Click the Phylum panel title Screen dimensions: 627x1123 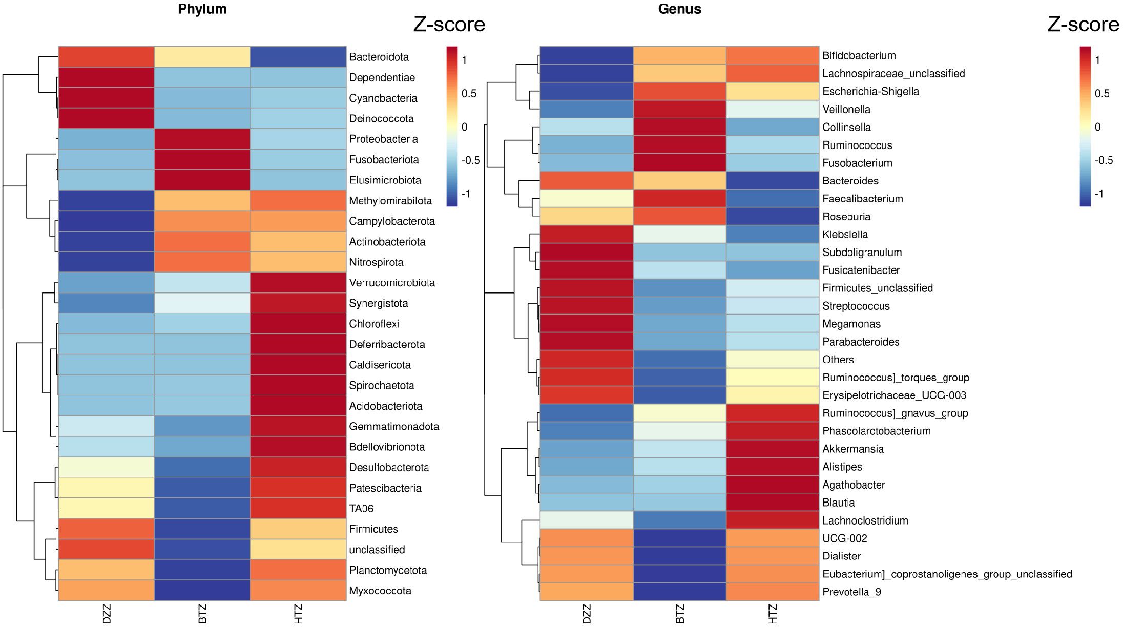(202, 9)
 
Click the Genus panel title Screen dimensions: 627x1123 (679, 9)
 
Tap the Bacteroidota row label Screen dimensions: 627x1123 (379, 57)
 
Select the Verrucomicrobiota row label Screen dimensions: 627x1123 (392, 283)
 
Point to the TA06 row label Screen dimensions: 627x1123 (361, 509)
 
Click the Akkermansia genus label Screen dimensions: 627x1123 (852, 449)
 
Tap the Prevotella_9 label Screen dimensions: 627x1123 (851, 592)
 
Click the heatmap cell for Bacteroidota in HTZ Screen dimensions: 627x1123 (298, 57)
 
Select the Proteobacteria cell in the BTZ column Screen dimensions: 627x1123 (202, 139)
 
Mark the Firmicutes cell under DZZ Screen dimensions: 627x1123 (106, 529)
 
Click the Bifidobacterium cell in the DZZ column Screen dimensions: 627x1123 (587, 56)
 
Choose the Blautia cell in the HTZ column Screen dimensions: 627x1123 (773, 503)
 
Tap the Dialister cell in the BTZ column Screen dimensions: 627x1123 (680, 556)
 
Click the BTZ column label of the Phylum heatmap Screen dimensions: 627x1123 (202, 614)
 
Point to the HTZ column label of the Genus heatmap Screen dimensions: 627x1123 (773, 614)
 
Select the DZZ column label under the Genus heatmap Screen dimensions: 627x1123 (587, 614)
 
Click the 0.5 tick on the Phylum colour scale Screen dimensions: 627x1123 (469, 94)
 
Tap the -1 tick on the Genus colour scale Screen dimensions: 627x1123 (1099, 194)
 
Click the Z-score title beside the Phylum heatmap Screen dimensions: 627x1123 (449, 25)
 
